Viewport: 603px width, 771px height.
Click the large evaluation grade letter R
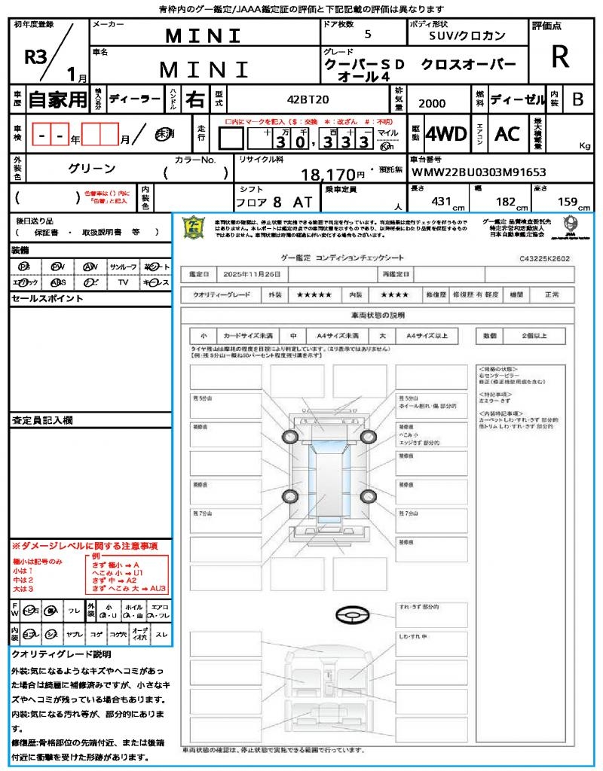pyautogui.click(x=560, y=58)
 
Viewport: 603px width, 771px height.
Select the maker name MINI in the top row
pyautogui.click(x=204, y=35)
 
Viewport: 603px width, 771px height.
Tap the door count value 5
pyautogui.click(x=367, y=35)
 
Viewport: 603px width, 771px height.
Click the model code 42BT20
pyautogui.click(x=308, y=99)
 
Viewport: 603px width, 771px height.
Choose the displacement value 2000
pyautogui.click(x=431, y=104)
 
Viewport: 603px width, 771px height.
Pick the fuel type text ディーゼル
pyautogui.click(x=518, y=99)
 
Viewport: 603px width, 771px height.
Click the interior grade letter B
pyautogui.click(x=577, y=99)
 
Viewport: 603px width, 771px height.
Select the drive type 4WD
pyautogui.click(x=445, y=134)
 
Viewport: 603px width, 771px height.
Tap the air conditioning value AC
pyautogui.click(x=507, y=134)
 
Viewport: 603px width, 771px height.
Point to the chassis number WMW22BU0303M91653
pyautogui.click(x=479, y=172)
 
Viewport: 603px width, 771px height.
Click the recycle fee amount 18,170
pyautogui.click(x=328, y=175)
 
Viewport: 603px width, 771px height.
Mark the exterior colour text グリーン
pyautogui.click(x=92, y=169)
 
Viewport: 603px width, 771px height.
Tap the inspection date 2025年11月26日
pyautogui.click(x=255, y=274)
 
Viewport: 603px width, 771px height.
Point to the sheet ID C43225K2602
pyautogui.click(x=544, y=258)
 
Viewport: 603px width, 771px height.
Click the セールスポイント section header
pyautogui.click(x=37, y=298)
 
